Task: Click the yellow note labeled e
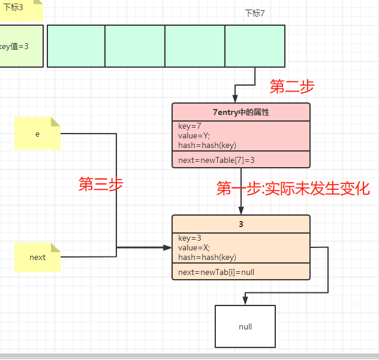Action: click(38, 134)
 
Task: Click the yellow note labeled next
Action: click(37, 258)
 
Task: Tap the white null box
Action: click(245, 326)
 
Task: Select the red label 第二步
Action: click(291, 87)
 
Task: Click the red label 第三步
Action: click(101, 184)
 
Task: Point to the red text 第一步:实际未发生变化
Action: click(293, 189)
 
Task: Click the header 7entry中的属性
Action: click(240, 112)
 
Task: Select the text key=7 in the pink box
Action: click(190, 126)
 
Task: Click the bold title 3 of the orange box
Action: click(240, 224)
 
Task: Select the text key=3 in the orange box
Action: click(189, 238)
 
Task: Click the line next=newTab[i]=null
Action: click(216, 272)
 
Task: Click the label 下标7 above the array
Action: click(255, 13)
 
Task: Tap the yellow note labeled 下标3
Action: click(18, 8)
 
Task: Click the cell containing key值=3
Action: click(18, 46)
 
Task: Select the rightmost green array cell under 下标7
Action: click(255, 46)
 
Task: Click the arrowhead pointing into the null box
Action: click(245, 301)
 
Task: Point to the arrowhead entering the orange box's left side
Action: click(167, 247)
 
